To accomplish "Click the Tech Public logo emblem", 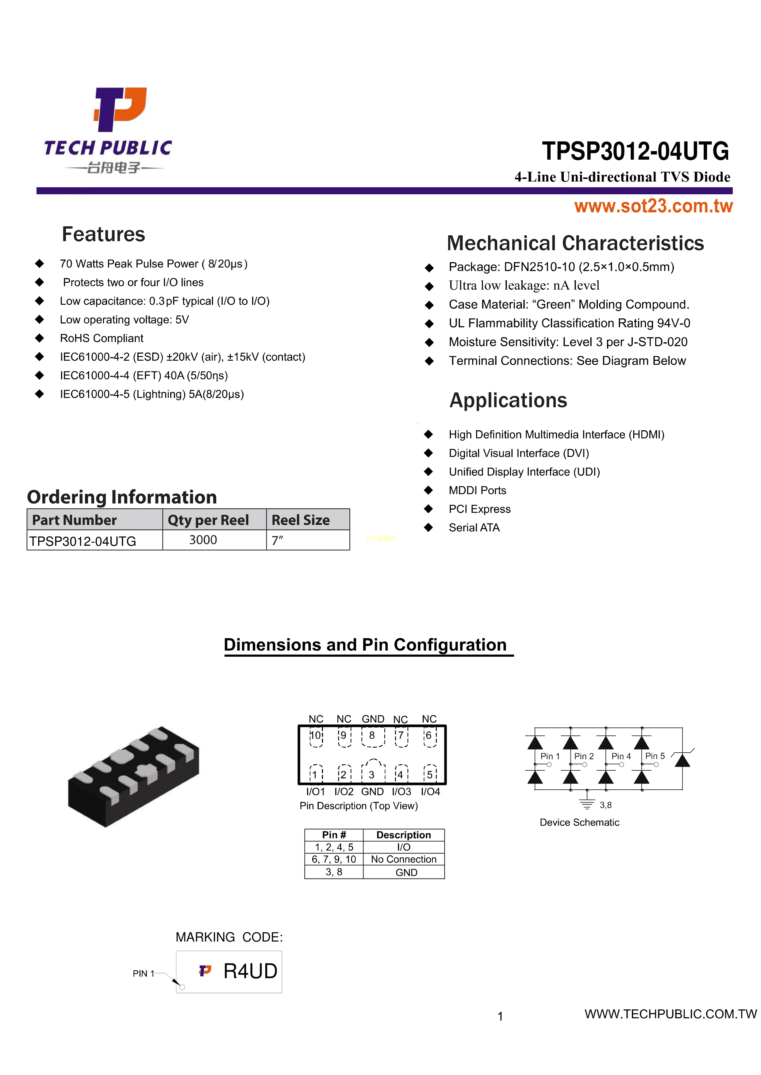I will tap(121, 109).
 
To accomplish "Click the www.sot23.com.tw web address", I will tap(653, 206).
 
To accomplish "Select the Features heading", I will tap(104, 234).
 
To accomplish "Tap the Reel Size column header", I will tap(301, 520).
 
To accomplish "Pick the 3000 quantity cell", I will tap(203, 540).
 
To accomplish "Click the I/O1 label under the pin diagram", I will tap(315, 792).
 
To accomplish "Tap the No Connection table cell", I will tap(403, 860).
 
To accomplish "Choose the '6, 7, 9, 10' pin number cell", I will tap(334, 860).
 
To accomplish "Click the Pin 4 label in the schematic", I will tap(621, 757).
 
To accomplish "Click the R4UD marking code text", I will tap(250, 971).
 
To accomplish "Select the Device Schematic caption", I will tap(579, 822).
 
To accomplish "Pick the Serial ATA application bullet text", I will tap(474, 528).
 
